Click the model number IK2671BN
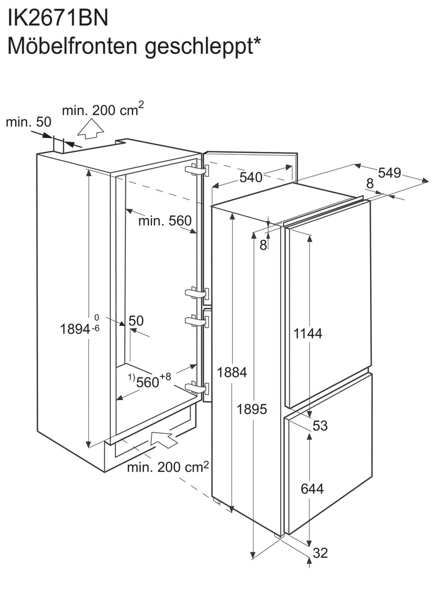[58, 17]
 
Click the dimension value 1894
[75, 329]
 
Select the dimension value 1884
[232, 372]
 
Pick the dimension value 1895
[252, 409]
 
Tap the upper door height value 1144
[308, 333]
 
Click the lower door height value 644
[312, 489]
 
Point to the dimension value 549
[389, 173]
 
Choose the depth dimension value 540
[251, 177]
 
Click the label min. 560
[165, 220]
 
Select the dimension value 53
[320, 426]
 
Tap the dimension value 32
[320, 553]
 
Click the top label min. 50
[28, 122]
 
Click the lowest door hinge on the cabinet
[197, 388]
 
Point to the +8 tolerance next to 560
[165, 376]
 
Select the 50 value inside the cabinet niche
[136, 321]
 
